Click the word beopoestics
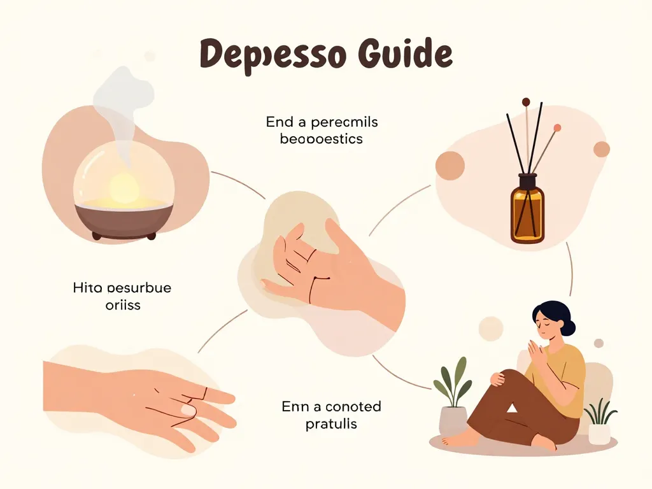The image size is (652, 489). click(x=321, y=138)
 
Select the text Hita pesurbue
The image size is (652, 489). click(x=122, y=288)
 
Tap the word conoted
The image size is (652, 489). click(x=353, y=406)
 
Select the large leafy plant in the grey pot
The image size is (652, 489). click(x=453, y=382)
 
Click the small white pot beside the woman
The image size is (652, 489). click(x=599, y=434)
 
